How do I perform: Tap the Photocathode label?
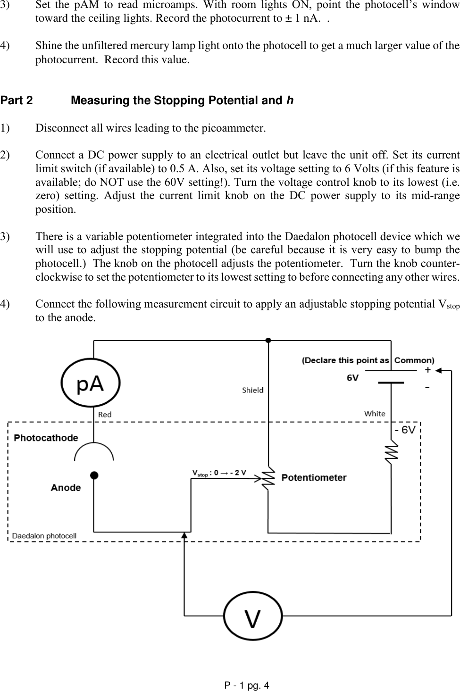(x=46, y=438)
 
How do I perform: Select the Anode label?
(x=66, y=488)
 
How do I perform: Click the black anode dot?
(x=94, y=475)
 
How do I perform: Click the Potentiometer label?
(x=314, y=478)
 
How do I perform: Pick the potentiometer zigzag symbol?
(x=268, y=478)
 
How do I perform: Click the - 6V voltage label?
(x=405, y=430)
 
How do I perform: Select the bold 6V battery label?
(x=352, y=378)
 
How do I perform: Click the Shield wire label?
(x=252, y=390)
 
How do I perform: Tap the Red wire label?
(x=105, y=415)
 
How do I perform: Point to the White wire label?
(x=374, y=414)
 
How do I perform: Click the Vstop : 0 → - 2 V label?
(x=219, y=473)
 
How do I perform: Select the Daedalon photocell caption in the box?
(x=44, y=536)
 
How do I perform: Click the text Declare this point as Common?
(x=368, y=360)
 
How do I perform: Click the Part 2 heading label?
(x=17, y=101)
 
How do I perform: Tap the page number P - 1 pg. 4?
(x=246, y=685)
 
